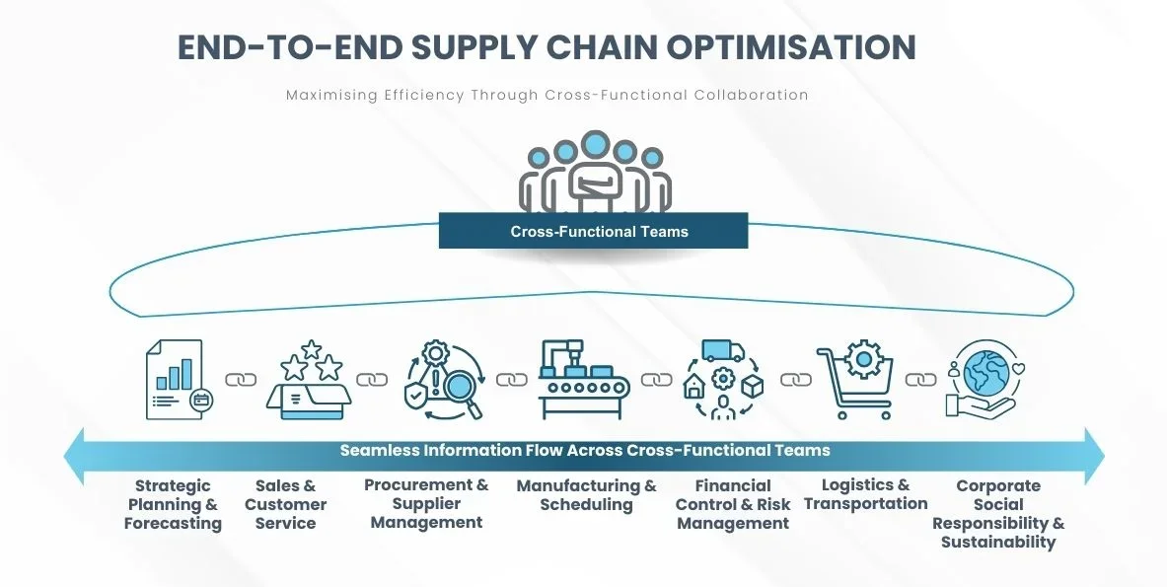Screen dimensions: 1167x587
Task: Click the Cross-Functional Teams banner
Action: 593,231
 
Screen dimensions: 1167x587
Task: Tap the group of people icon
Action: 595,172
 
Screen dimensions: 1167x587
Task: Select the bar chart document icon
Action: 180,380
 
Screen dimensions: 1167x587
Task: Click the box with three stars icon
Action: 309,380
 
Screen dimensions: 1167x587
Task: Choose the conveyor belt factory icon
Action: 584,380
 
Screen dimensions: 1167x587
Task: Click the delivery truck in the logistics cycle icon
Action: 723,350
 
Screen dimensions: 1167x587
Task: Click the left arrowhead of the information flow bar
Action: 74,456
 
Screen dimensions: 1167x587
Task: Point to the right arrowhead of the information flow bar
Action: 1094,456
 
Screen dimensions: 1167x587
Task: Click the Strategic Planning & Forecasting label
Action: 173,504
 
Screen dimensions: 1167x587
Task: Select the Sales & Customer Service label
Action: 286,504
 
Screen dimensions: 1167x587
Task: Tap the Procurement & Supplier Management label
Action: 426,504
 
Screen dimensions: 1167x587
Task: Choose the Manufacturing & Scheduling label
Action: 587,494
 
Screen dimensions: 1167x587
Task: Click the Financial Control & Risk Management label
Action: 733,504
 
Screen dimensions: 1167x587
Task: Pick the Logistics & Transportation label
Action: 865,494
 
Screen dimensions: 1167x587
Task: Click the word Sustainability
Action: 998,543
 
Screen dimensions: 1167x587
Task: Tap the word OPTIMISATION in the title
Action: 791,47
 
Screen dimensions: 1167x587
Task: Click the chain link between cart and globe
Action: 920,380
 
